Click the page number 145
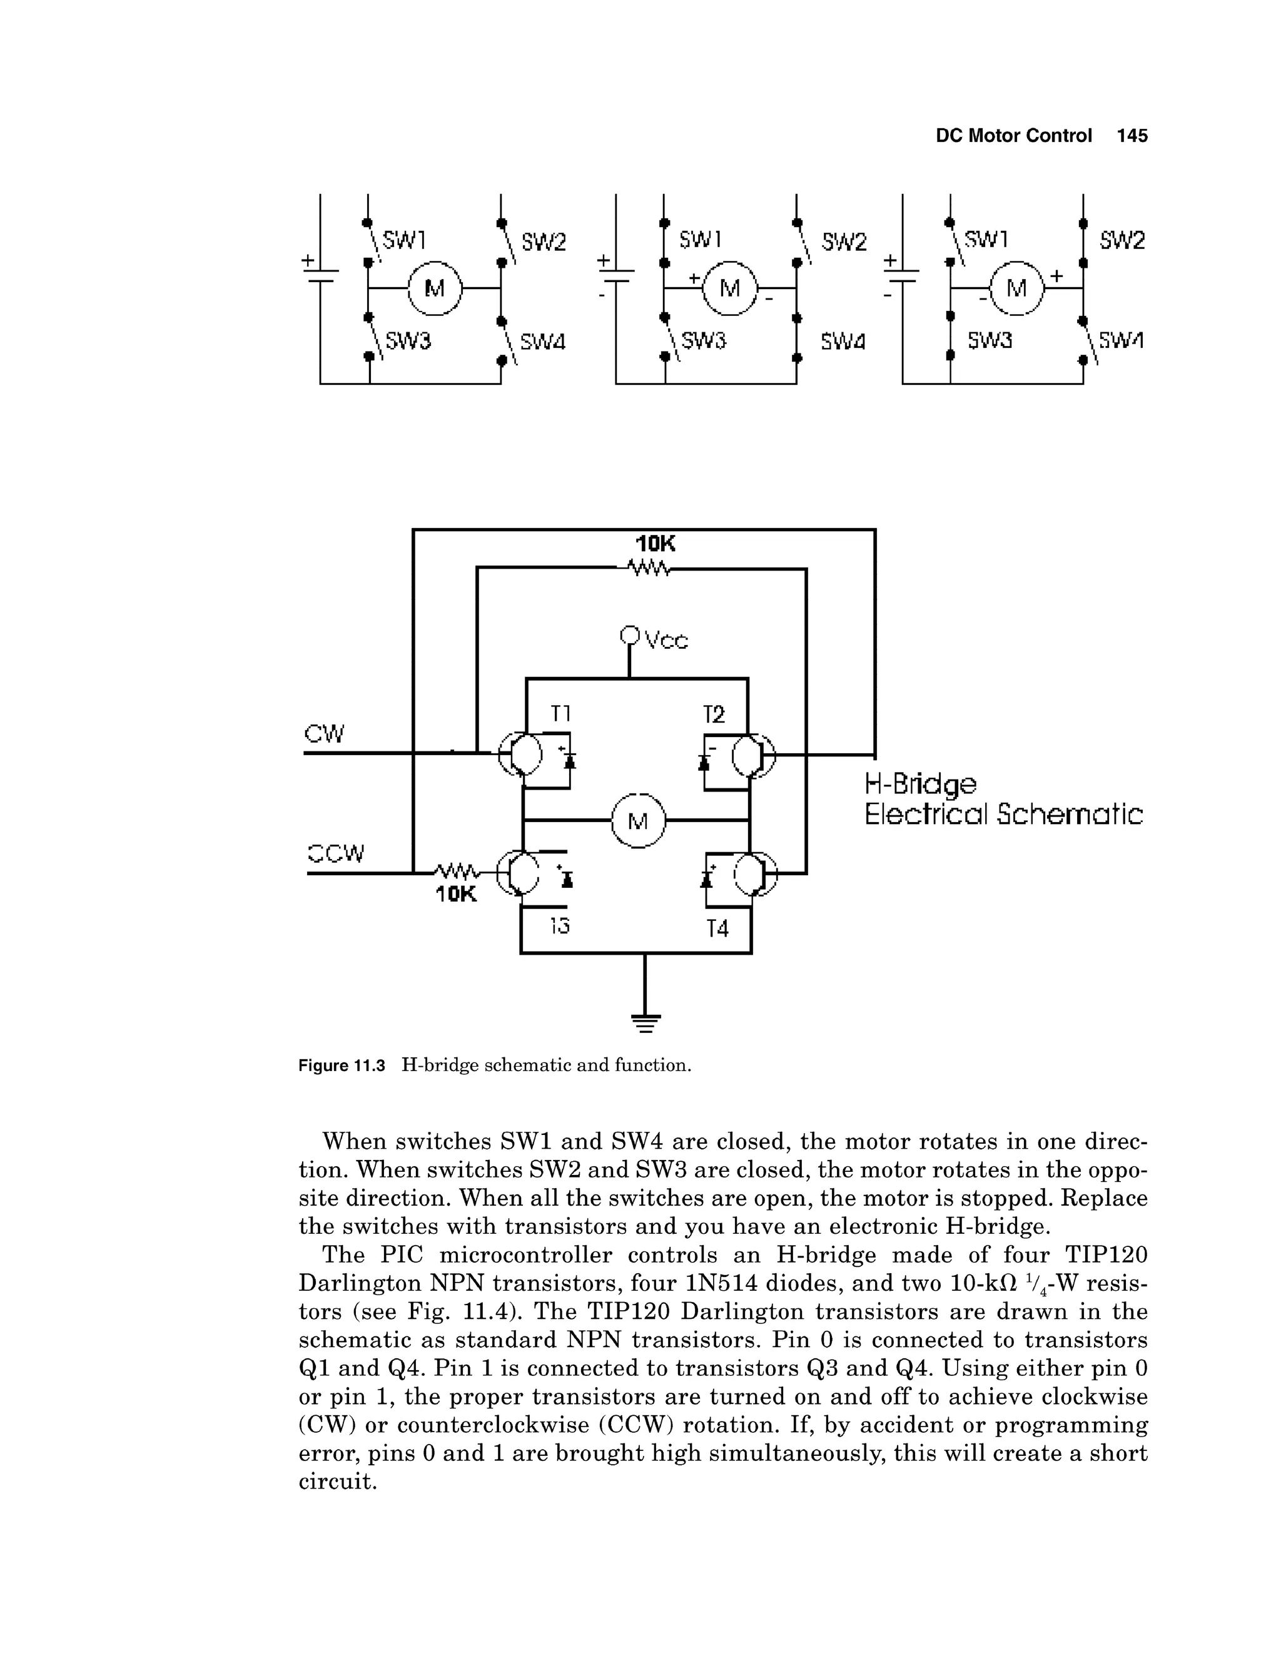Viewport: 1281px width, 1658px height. pos(1132,136)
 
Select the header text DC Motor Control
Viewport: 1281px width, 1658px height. pos(1013,136)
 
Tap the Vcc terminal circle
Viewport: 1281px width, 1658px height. pos(629,634)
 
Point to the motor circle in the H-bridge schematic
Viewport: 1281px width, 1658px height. pos(637,821)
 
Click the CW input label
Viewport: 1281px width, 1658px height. pos(324,734)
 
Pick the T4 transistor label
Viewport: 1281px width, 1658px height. pos(717,928)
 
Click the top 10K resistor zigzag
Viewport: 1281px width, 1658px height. pos(648,568)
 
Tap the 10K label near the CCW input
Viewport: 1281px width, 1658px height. pos(456,895)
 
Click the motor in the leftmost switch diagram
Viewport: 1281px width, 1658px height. pos(435,288)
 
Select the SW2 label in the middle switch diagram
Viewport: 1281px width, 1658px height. pos(844,242)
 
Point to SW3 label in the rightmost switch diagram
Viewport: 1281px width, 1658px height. pos(990,341)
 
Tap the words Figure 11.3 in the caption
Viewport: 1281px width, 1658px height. pos(342,1066)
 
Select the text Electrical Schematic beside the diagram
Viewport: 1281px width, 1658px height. pos(1003,815)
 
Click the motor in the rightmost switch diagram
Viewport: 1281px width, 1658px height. pos(1016,288)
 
